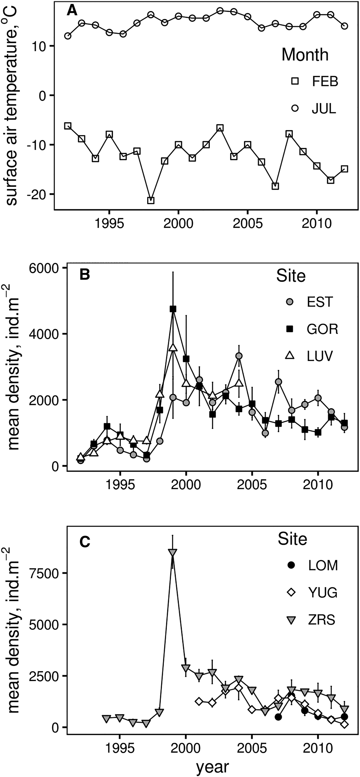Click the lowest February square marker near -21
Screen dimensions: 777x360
[151, 200]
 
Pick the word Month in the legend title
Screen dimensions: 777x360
[305, 55]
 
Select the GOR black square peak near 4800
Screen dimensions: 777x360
[173, 309]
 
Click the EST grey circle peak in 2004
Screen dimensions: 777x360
[239, 356]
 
